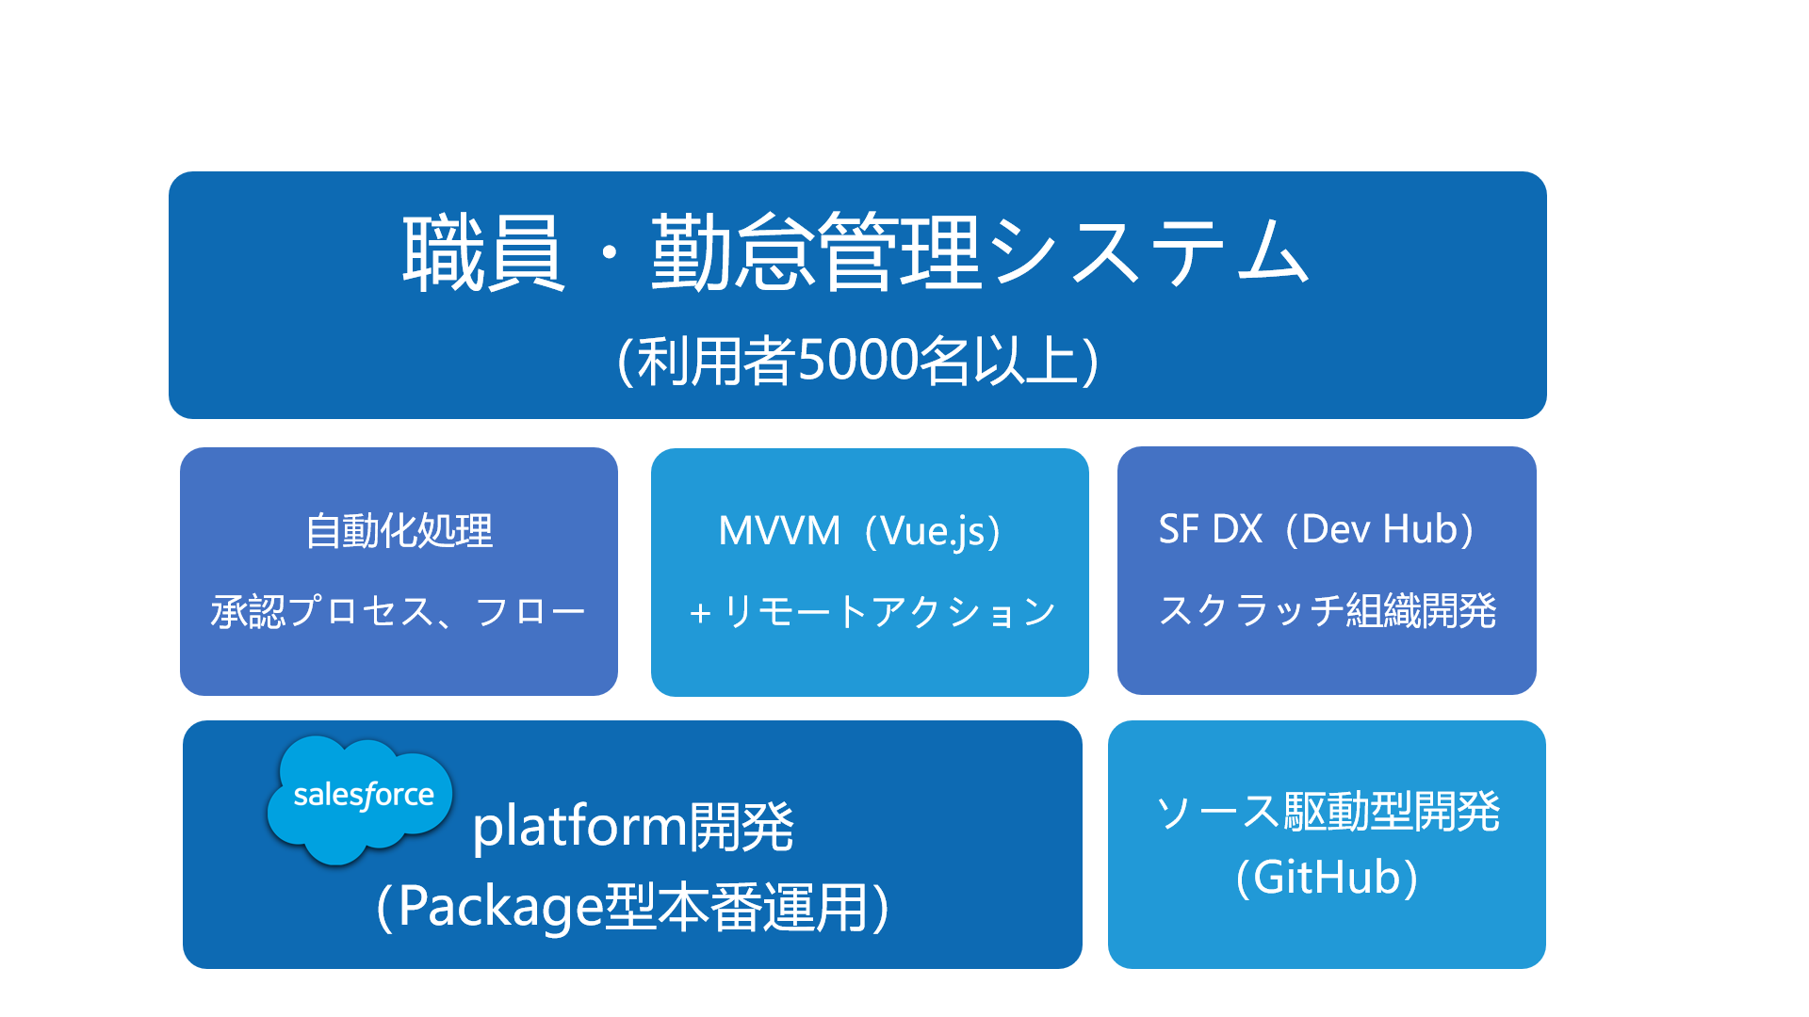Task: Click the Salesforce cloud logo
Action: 361,798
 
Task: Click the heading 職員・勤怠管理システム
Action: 856,252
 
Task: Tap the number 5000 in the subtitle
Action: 858,360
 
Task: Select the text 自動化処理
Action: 399,531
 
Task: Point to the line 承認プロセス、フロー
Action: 399,612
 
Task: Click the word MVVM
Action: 778,531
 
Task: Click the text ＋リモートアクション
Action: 872,612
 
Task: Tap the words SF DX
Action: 1210,530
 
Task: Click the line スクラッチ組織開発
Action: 1327,611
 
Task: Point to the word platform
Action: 579,827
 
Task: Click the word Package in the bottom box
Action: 499,907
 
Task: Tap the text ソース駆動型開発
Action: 1327,811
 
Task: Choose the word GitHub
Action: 1327,878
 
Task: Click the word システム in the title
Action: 1149,252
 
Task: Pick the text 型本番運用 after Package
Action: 735,907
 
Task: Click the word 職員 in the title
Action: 483,252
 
